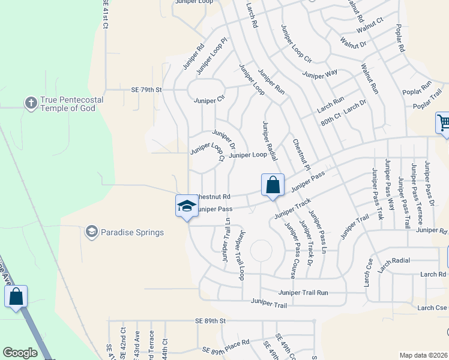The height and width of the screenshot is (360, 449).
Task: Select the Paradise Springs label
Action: point(132,232)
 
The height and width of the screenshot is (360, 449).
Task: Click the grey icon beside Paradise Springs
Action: point(91,232)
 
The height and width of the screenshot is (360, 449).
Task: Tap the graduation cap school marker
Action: point(187,206)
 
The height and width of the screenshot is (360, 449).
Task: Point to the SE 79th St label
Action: point(146,90)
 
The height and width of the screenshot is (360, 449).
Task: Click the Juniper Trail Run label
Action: point(303,292)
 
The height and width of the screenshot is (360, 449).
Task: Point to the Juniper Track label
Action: point(292,208)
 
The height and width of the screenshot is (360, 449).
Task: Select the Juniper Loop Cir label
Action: point(296,44)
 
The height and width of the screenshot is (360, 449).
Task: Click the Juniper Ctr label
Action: point(209,100)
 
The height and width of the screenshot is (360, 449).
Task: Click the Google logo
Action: point(20,353)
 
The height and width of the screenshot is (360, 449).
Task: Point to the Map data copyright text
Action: point(424,355)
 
